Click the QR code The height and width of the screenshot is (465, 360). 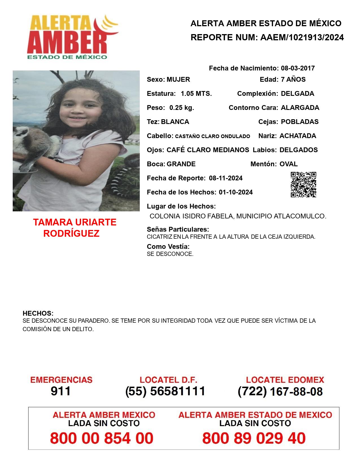[x=303, y=185]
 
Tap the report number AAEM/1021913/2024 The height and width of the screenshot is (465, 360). [x=302, y=37]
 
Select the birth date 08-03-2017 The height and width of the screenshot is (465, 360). [x=298, y=68]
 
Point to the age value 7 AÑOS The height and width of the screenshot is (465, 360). [x=293, y=79]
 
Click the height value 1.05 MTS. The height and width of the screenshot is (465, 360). [x=196, y=94]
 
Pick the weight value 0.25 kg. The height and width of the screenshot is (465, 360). [x=182, y=108]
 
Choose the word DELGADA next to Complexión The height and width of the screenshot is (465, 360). [x=297, y=94]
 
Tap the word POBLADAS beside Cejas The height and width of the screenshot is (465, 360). [x=300, y=122]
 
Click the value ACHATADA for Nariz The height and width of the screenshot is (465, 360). [x=298, y=136]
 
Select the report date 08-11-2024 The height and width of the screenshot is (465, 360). [x=226, y=178]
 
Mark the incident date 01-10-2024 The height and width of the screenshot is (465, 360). [x=235, y=192]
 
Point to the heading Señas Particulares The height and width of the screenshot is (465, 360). [x=178, y=229]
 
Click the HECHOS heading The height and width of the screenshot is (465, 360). [x=38, y=313]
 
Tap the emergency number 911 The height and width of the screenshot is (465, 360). [x=61, y=391]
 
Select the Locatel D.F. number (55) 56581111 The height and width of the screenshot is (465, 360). [x=165, y=391]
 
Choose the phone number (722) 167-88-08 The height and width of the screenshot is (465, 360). [x=280, y=391]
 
